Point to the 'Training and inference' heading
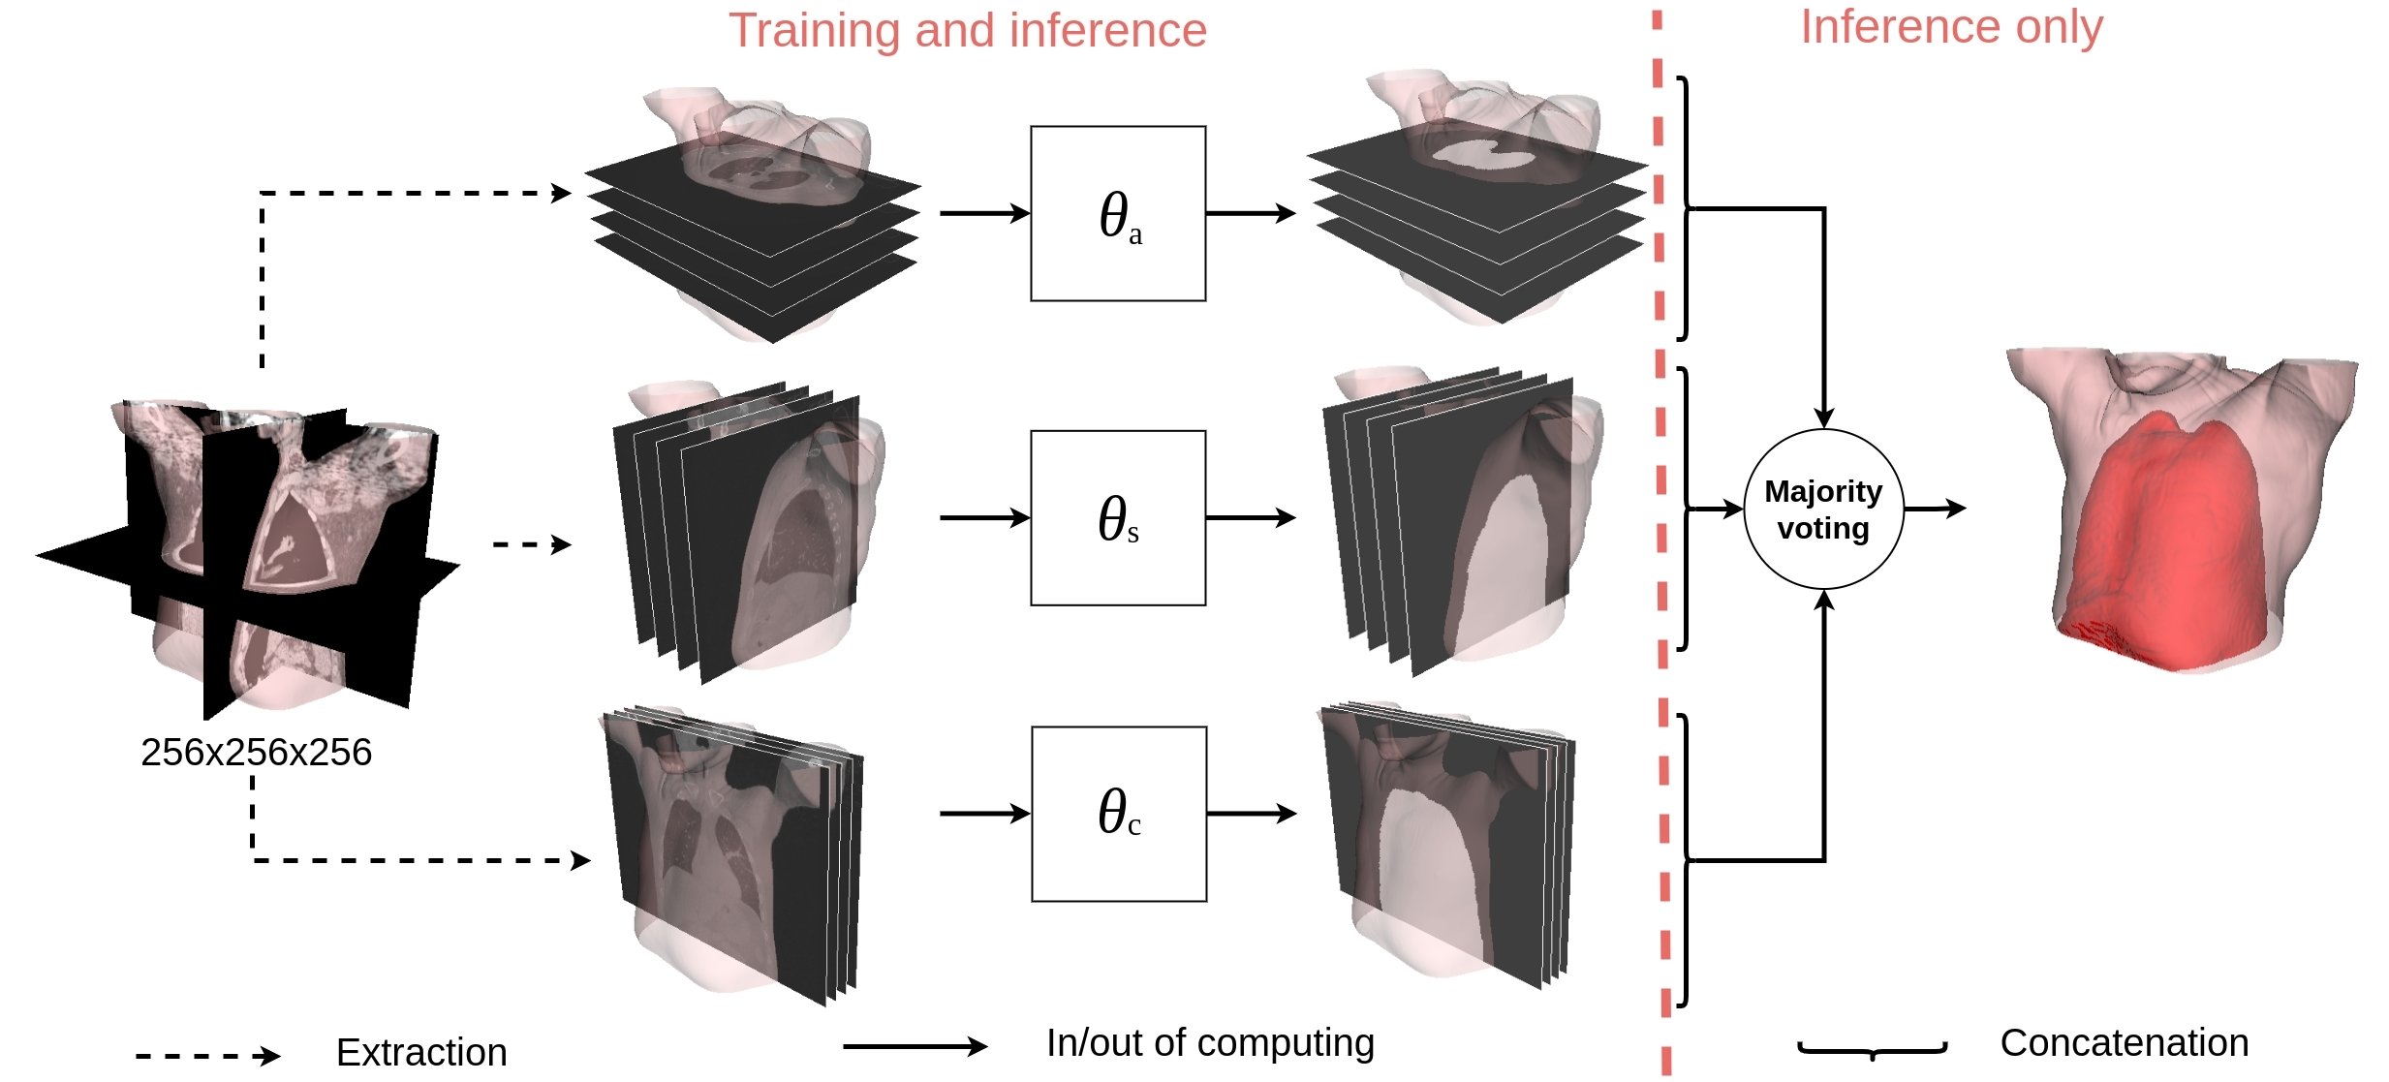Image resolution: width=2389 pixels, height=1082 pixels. [968, 30]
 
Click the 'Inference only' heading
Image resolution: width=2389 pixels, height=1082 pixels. [1951, 26]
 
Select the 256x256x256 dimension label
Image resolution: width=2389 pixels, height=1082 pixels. [256, 752]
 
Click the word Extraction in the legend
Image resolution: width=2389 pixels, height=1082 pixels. [421, 1052]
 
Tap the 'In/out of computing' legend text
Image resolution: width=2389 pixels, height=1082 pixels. [1210, 1043]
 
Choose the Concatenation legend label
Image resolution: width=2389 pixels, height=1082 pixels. [2125, 1043]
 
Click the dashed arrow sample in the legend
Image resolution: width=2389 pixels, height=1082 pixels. [208, 1056]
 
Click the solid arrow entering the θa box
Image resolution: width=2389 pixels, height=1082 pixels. [984, 213]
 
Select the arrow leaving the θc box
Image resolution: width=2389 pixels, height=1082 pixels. [1252, 814]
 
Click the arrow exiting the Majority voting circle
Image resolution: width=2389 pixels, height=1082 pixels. [1936, 509]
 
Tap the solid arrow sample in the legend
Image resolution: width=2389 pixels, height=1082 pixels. [915, 1046]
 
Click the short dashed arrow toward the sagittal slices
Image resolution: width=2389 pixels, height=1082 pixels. [532, 544]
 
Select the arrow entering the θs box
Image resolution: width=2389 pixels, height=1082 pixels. [984, 518]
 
